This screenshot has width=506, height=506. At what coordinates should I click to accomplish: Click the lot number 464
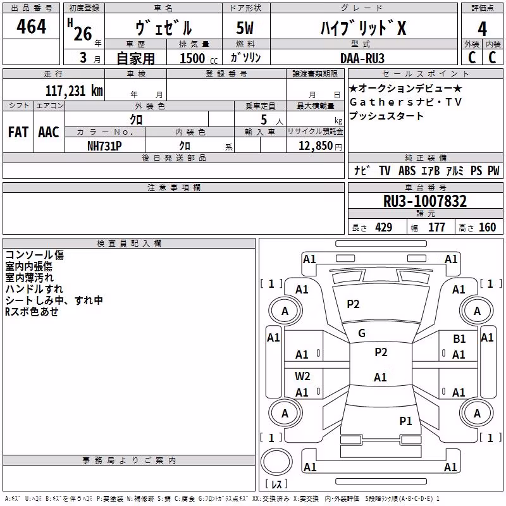point(31,27)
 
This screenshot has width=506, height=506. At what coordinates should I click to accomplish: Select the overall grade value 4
point(482,29)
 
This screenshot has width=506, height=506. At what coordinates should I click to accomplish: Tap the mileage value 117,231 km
point(74,91)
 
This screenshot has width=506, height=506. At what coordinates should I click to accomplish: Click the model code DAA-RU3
point(362,58)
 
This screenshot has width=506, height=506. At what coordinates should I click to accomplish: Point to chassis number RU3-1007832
point(424,201)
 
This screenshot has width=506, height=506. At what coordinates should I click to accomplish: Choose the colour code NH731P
point(104,146)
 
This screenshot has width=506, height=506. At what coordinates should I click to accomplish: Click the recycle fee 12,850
point(315,146)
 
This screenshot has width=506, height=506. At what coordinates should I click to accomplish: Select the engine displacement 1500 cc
point(199,58)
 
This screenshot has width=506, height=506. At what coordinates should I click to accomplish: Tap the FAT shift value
point(18,132)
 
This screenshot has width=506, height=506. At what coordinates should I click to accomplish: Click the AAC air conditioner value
point(49,132)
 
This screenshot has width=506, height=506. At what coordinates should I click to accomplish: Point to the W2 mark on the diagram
point(302,376)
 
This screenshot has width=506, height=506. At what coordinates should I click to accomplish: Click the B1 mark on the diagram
point(459,339)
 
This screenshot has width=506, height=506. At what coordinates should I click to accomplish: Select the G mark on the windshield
point(362,333)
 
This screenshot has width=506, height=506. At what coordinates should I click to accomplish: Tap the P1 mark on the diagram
point(405,421)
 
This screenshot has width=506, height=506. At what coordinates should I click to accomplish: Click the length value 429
point(383,228)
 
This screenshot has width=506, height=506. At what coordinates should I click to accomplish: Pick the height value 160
point(487,228)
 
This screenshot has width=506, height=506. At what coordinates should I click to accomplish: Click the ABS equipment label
point(407,171)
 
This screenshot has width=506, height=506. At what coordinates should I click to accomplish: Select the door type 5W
point(245,28)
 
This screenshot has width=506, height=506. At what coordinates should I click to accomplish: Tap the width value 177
point(436,228)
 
